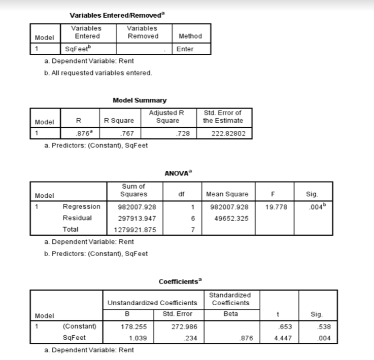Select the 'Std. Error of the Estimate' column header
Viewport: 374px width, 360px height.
coord(222,117)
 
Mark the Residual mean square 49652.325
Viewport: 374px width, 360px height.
coord(227,218)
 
